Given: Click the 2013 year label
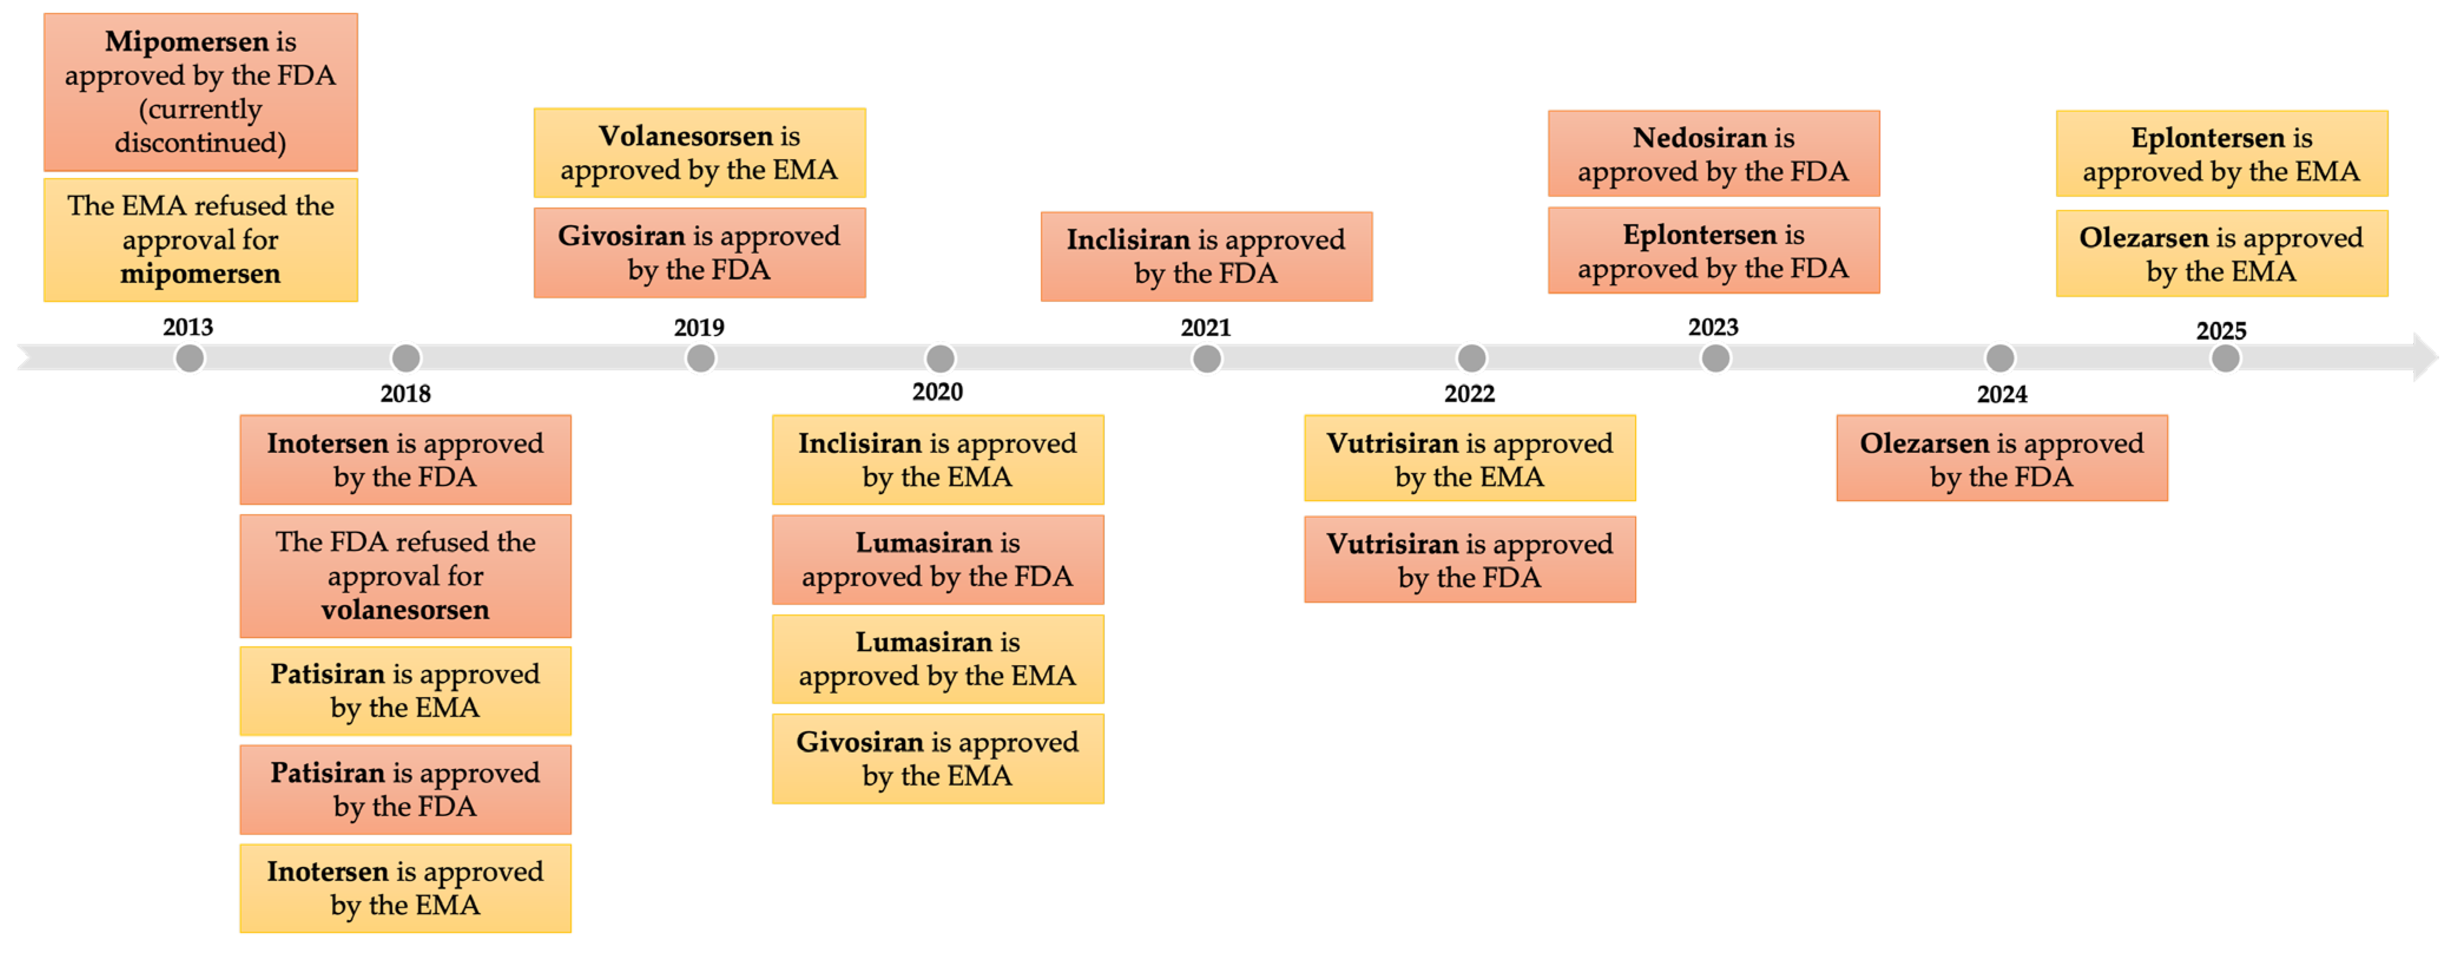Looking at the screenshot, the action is [188, 327].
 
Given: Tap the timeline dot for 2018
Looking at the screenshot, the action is [406, 358].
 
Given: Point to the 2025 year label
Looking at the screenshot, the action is [2221, 331].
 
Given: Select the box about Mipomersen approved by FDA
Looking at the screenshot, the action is [200, 92].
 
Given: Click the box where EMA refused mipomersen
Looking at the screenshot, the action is [200, 239].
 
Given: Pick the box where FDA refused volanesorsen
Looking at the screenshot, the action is [406, 576].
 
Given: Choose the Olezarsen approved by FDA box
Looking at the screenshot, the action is [2002, 458].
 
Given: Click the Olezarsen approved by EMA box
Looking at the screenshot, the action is [2222, 254].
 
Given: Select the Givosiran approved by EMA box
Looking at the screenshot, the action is [938, 758].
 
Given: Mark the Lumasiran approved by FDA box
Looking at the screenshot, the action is [938, 560].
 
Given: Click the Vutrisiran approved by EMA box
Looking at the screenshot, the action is [1470, 458].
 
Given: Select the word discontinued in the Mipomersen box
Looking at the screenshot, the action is [200, 143].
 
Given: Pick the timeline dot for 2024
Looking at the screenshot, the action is [2000, 358].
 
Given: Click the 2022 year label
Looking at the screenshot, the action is [1469, 393].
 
